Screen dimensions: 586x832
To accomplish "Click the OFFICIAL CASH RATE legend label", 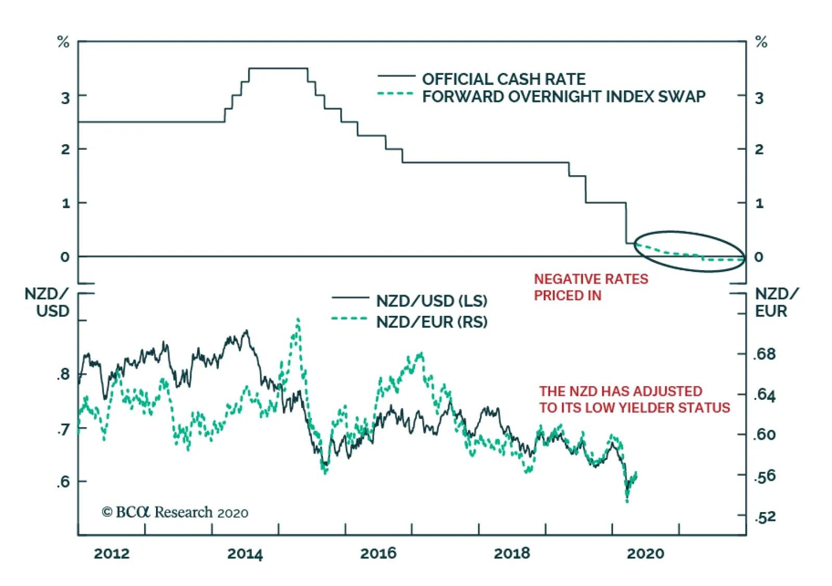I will [503, 79].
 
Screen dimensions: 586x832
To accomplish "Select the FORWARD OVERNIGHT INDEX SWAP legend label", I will [563, 97].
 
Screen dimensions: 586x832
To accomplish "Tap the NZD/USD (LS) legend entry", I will [432, 301].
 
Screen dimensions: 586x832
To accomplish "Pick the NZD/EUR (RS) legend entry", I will [432, 322].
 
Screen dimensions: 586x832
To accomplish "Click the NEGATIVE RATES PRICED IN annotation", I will [591, 287].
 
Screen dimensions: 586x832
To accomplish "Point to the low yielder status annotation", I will [634, 400].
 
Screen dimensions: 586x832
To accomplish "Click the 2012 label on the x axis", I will [111, 553].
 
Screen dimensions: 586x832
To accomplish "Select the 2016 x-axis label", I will [378, 553].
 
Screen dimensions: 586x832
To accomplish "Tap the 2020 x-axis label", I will [645, 553].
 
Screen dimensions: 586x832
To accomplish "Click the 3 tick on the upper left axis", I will [65, 98].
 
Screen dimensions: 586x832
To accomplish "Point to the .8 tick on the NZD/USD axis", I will [63, 374].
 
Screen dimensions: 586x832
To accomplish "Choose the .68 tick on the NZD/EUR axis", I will [764, 354].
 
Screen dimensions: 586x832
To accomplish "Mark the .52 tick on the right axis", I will [764, 517].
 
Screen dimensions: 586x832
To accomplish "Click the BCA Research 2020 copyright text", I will [175, 513].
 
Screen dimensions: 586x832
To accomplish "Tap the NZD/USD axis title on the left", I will [47, 302].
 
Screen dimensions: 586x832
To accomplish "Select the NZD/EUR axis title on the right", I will [776, 302].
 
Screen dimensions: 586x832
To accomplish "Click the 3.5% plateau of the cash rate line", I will [278, 68].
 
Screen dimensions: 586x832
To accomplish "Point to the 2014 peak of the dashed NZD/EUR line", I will [297, 319].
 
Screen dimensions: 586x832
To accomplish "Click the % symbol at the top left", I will [63, 42].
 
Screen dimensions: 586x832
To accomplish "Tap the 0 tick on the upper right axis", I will [759, 257].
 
